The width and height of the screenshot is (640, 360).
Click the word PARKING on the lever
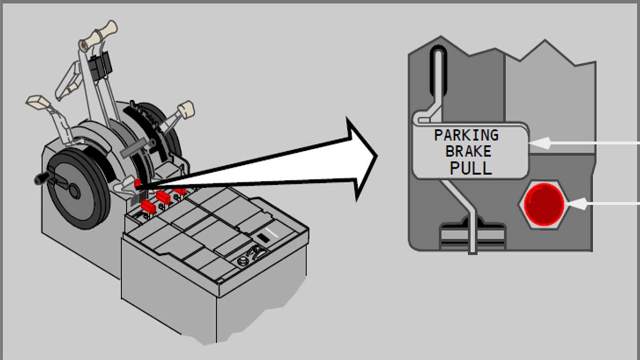pyautogui.click(x=466, y=135)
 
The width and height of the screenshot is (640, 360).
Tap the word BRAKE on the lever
pyautogui.click(x=468, y=151)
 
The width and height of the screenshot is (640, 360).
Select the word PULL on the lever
pyautogui.click(x=471, y=168)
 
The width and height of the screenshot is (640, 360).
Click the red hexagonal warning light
pyautogui.click(x=543, y=204)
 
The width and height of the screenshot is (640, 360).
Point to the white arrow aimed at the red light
pyautogui.click(x=604, y=204)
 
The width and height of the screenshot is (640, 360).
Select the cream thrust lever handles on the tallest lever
pyautogui.click(x=99, y=36)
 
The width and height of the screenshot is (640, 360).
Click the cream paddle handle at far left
pyautogui.click(x=38, y=102)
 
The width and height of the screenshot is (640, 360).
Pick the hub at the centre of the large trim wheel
pyautogui.click(x=74, y=191)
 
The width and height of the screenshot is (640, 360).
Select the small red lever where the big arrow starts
pyautogui.click(x=138, y=184)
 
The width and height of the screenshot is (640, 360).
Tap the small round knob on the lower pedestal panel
pyautogui.click(x=242, y=261)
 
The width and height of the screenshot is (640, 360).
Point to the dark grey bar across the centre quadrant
pyautogui.click(x=134, y=147)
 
